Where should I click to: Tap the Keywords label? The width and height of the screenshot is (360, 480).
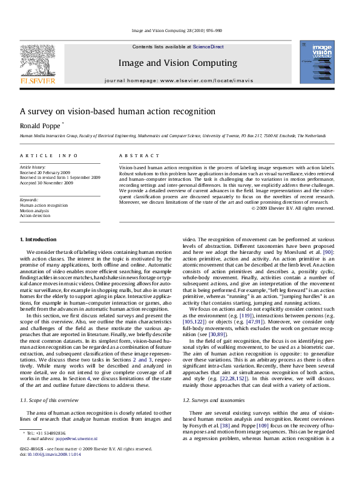coord(30,199)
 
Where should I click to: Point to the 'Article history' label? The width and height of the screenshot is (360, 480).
coord(33,166)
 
